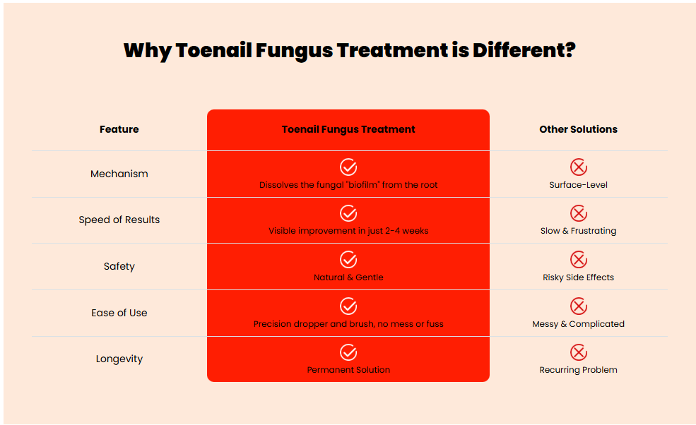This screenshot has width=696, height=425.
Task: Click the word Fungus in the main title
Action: pos(294,51)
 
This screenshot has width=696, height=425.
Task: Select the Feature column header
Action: pos(119,129)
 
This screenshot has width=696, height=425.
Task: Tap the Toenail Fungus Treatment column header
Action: pos(348,129)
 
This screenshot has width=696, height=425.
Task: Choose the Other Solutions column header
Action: pos(579,129)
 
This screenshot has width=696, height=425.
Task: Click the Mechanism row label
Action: pos(119,174)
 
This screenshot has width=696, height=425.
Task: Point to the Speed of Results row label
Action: pos(119,220)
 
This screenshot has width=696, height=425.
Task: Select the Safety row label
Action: pos(119,266)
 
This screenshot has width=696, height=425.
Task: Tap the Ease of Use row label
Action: pos(119,313)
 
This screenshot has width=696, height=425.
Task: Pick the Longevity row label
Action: pos(119,359)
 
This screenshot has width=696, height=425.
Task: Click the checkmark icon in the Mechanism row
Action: pos(348,167)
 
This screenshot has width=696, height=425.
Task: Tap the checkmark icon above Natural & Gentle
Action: pos(348,260)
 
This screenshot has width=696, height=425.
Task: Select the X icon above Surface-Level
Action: pos(579,167)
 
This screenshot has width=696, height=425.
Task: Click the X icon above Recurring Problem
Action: pos(579,353)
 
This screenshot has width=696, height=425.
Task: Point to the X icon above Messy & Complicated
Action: pos(579,306)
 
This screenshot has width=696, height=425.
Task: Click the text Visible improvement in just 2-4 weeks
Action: pos(348,231)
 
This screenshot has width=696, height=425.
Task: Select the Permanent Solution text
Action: pos(348,369)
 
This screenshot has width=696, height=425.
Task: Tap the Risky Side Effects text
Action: pos(579,277)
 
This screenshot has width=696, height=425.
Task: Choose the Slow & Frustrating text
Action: pos(579,231)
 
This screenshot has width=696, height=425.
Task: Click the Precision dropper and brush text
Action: pos(314,324)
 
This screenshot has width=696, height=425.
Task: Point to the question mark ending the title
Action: pos(570,50)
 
